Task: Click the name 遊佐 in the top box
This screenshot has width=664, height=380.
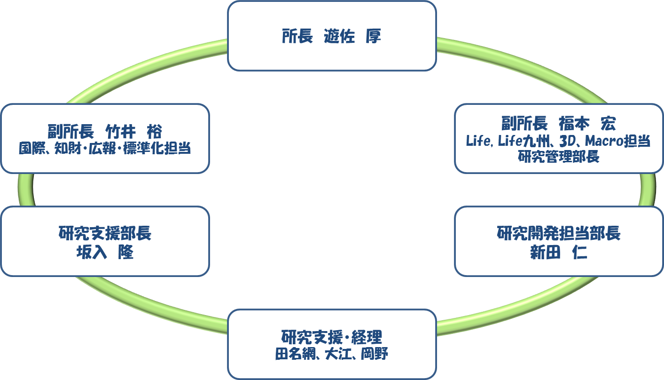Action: (339, 36)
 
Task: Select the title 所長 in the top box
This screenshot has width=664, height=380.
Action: (297, 36)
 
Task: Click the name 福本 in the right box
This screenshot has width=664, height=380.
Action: (574, 124)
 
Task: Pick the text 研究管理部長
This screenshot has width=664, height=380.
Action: (559, 157)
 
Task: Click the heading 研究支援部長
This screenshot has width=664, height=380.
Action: (105, 233)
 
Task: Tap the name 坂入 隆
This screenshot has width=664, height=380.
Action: (105, 252)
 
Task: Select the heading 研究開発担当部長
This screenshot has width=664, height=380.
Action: (559, 233)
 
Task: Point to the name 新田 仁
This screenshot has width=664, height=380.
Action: (559, 252)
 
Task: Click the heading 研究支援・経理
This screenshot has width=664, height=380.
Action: (332, 337)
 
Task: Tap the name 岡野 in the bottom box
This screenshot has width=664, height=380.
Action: (375, 354)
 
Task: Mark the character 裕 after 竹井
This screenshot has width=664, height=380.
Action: (154, 131)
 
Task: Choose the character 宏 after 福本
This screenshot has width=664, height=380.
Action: (608, 124)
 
